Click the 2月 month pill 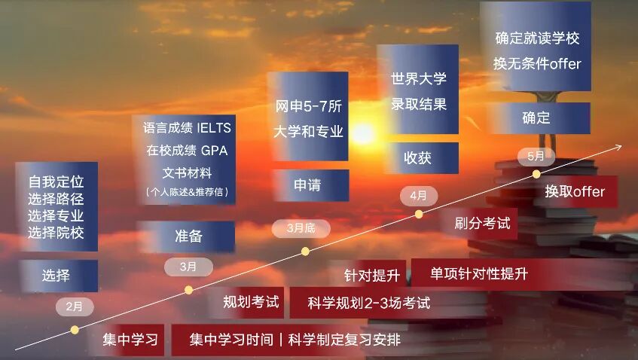75,307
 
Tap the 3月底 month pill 301,228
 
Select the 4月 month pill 418,196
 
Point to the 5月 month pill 536,157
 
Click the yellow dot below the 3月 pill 189,290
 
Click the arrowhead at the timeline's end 618,147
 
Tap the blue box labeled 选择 57,276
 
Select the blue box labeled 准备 186,236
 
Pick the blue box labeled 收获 422,158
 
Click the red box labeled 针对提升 369,275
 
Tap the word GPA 214,151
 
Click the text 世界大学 418,79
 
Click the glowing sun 363,133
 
